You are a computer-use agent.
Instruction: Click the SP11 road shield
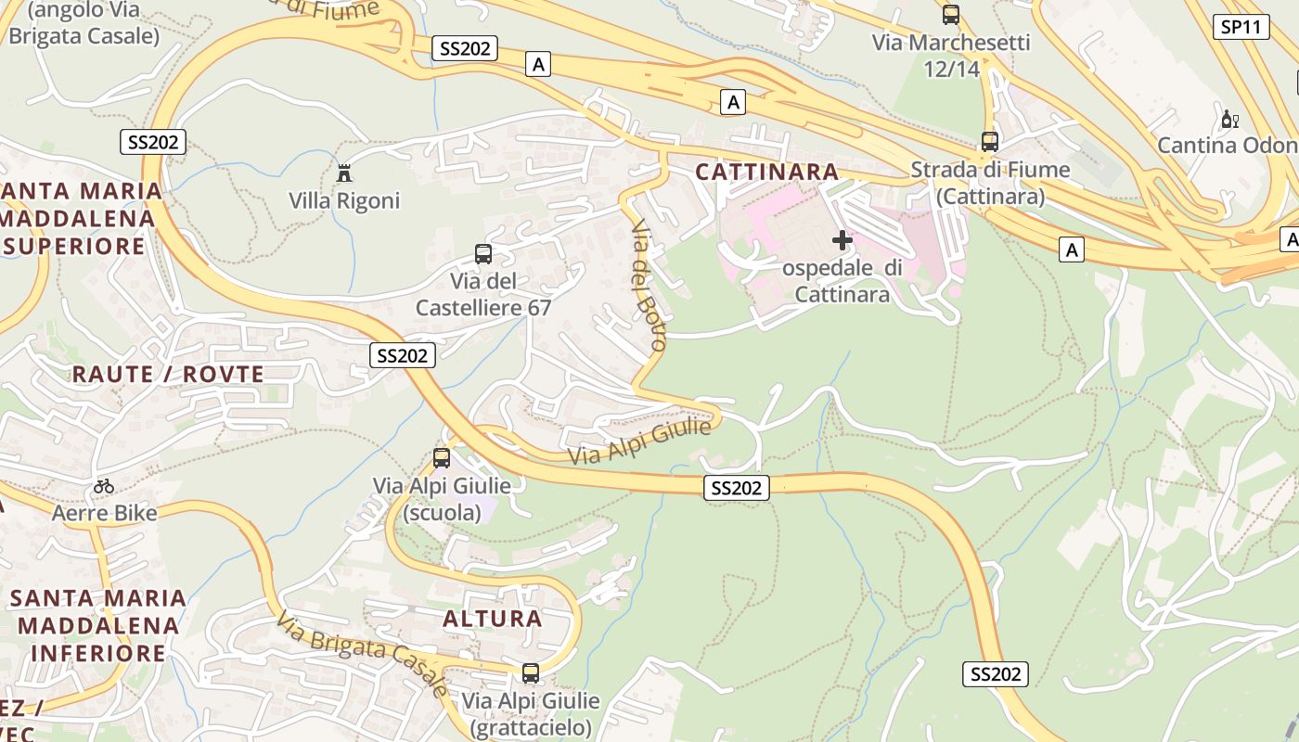coord(1241,27)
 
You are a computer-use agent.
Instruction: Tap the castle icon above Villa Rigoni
coord(344,173)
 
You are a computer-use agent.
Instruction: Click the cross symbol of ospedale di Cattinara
coord(842,240)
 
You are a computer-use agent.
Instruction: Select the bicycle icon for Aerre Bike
coord(104,486)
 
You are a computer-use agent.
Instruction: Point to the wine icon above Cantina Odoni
coord(1230,119)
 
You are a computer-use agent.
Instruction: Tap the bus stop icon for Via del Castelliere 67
coord(483,253)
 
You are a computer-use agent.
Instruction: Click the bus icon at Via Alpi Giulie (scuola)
coord(442,457)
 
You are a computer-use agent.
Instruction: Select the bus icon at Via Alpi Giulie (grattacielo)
coord(531,672)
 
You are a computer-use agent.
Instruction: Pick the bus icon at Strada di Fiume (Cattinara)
coord(990,142)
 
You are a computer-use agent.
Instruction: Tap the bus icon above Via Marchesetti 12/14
coord(951,15)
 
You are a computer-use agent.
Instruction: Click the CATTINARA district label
coord(767,172)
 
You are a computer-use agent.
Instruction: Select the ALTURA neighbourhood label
coord(493,619)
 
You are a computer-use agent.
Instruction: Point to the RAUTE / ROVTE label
coord(168,375)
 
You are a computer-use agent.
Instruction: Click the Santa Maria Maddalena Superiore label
coord(82,219)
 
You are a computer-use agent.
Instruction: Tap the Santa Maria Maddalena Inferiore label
coord(98,626)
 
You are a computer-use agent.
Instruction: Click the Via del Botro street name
coord(649,285)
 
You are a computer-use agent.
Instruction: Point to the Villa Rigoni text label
coord(344,201)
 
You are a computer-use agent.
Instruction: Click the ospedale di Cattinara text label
coord(842,281)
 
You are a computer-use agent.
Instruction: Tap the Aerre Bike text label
coord(105,513)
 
